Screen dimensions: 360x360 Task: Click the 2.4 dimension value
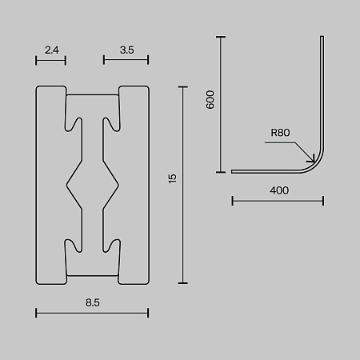(52, 50)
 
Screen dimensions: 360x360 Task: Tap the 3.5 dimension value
(127, 50)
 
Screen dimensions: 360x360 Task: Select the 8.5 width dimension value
(93, 302)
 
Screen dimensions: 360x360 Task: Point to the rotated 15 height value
(173, 178)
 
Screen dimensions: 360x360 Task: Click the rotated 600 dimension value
(210, 100)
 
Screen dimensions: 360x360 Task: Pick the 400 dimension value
(279, 190)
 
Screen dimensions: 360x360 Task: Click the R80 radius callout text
(280, 133)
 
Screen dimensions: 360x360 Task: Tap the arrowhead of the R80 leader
(313, 160)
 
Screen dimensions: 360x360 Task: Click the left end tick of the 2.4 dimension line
(36, 60)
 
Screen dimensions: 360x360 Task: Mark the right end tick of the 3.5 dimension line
(148, 60)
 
